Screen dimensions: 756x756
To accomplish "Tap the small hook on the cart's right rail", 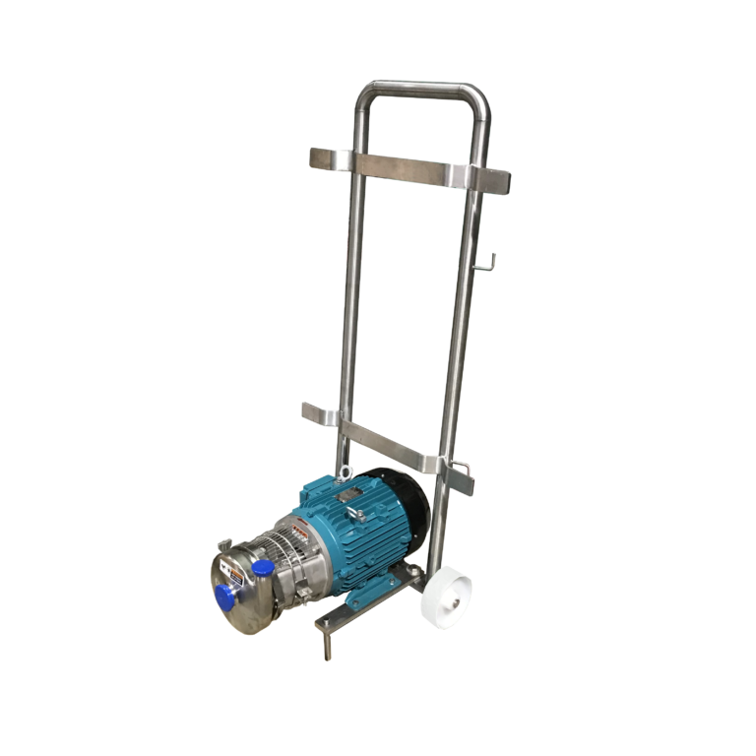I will pyautogui.click(x=489, y=261).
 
